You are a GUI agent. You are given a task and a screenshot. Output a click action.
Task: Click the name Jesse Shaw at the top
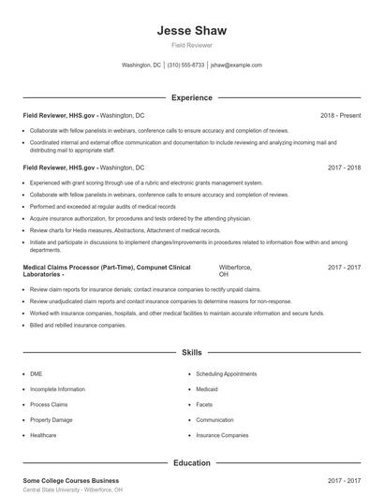pyautogui.click(x=191, y=31)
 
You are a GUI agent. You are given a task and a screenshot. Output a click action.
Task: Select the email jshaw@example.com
pyautogui.click(x=236, y=66)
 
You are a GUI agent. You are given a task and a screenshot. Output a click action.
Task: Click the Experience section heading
pyautogui.click(x=191, y=97)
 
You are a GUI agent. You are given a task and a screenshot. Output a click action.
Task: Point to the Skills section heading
pyautogui.click(x=191, y=353)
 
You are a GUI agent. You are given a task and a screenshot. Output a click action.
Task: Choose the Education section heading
pyautogui.click(x=191, y=462)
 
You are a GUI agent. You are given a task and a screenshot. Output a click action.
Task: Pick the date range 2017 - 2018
pyautogui.click(x=344, y=167)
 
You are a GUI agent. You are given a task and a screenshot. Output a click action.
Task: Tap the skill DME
pyautogui.click(x=37, y=372)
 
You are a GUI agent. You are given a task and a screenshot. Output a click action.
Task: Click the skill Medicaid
pyautogui.click(x=208, y=388)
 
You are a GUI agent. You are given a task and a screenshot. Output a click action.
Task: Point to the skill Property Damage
pyautogui.click(x=51, y=420)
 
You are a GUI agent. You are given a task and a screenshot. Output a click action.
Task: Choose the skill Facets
pyautogui.click(x=205, y=404)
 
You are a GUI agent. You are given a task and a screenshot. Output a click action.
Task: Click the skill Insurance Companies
pyautogui.click(x=222, y=435)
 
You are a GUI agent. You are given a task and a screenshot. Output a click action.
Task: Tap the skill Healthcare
pyautogui.click(x=43, y=435)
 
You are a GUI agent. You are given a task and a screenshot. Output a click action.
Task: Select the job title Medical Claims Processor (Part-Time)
pyautogui.click(x=79, y=267)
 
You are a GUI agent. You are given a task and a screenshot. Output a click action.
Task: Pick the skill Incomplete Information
pyautogui.click(x=57, y=388)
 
